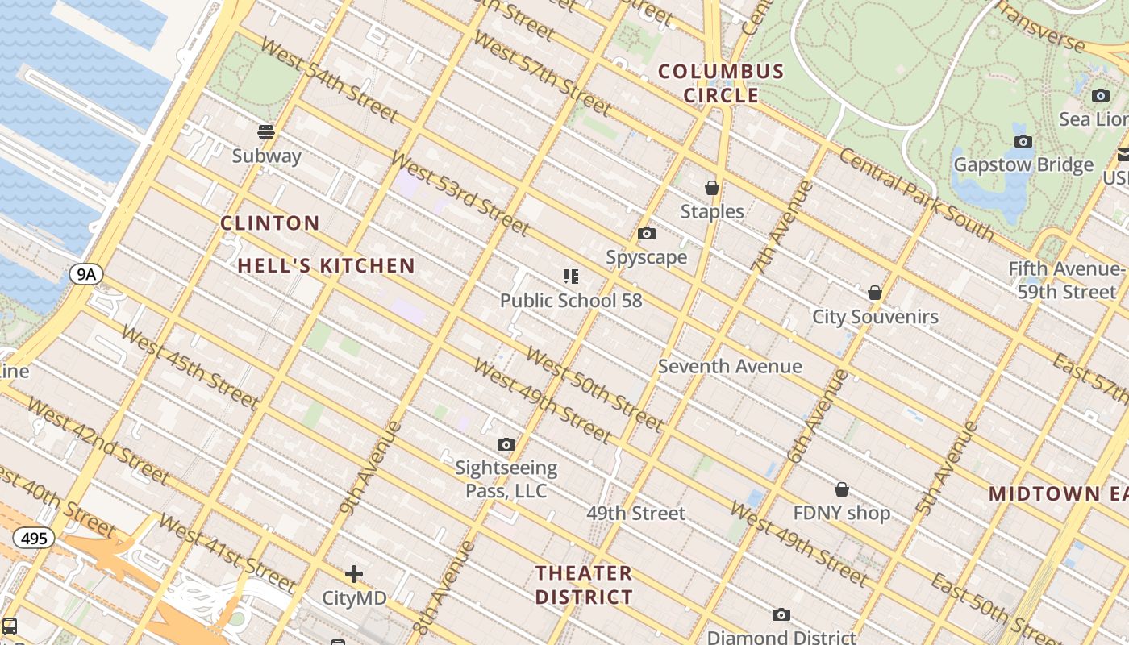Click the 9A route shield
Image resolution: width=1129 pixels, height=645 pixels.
tap(85, 274)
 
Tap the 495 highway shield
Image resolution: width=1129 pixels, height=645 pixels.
tap(33, 538)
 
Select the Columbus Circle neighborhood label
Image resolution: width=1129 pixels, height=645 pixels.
tap(721, 83)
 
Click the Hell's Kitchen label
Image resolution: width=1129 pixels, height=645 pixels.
tap(327, 265)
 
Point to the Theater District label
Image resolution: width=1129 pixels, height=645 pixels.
tap(584, 585)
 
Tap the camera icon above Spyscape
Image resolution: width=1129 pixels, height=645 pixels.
tap(646, 234)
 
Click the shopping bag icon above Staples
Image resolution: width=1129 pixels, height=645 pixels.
tap(711, 188)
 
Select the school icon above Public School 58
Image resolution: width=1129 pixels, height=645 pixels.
tap(571, 277)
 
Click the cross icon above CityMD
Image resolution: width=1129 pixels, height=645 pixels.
tap(353, 574)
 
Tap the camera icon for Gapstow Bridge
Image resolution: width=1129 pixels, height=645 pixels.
tap(1023, 142)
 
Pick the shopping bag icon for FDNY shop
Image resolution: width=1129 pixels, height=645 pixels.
tap(841, 489)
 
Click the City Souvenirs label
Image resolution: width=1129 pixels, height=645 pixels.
tap(875, 316)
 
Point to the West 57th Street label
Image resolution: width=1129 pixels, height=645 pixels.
tap(541, 73)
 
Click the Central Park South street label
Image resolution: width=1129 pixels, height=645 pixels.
tap(916, 194)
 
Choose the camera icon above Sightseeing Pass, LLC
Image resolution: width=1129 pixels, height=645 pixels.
tap(506, 444)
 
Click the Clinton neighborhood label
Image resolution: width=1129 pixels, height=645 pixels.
tap(270, 223)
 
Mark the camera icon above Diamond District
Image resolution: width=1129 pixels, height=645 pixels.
tap(781, 615)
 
